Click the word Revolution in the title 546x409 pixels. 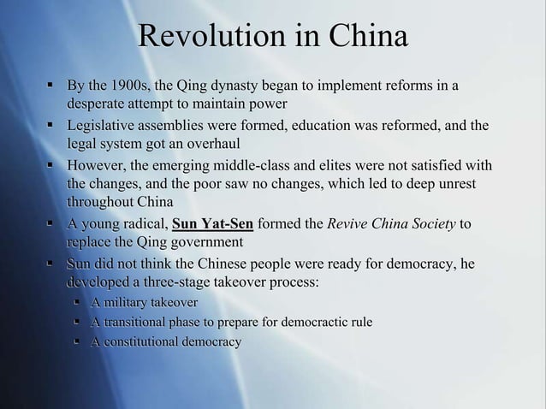point(201,39)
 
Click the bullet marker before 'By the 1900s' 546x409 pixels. point(51,86)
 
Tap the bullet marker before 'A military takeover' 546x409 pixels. point(78,302)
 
